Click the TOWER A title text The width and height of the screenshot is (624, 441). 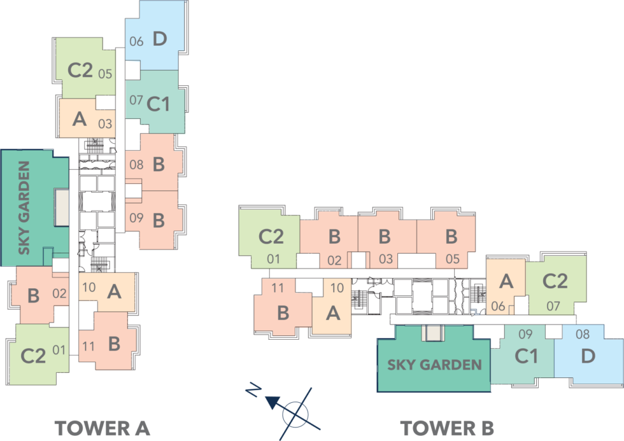[102, 428]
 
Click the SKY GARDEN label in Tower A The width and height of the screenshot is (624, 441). [24, 208]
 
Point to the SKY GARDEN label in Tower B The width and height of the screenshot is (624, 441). [434, 365]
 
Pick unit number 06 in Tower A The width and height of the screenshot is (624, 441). [136, 41]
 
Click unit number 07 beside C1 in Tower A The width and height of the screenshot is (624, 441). [136, 100]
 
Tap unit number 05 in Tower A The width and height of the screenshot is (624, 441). [105, 73]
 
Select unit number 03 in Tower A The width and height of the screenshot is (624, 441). [105, 123]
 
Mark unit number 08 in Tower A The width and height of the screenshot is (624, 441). [136, 165]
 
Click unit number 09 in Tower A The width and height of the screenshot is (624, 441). [136, 218]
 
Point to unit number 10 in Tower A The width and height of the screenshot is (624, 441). [89, 288]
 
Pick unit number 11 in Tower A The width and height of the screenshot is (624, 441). [89, 347]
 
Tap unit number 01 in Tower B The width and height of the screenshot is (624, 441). [274, 259]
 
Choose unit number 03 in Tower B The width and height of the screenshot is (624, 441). [386, 259]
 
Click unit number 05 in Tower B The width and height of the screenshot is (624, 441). [453, 259]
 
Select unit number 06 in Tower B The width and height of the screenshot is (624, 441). [498, 307]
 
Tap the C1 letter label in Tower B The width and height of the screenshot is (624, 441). [526, 356]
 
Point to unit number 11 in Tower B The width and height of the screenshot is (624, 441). [278, 288]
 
